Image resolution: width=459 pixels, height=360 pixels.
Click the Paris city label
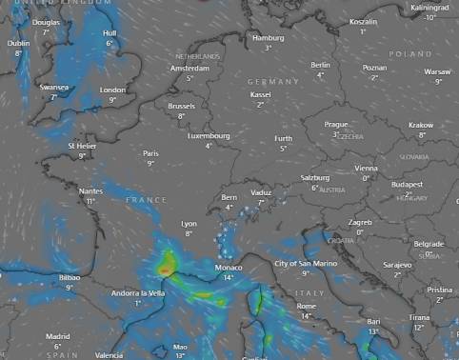point(150,153)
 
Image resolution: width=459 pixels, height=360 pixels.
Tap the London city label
point(112,90)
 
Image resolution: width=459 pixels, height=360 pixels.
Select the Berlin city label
point(320,65)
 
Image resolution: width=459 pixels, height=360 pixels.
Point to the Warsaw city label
point(437,71)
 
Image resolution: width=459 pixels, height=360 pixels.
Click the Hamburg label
point(268,37)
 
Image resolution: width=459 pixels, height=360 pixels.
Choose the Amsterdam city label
point(190,69)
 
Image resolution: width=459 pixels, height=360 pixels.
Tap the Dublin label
point(18,43)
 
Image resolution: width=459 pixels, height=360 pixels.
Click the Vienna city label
point(366,168)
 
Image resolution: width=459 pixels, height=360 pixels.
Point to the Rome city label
point(306,306)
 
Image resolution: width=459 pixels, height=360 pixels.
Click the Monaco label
point(229,268)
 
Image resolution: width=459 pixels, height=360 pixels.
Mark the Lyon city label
point(189,224)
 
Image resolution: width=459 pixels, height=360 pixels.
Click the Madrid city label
point(58,336)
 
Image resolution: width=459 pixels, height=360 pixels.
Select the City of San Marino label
point(305,263)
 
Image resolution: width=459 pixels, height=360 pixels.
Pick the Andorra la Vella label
point(138,292)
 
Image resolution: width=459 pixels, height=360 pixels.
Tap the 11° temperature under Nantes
point(90,201)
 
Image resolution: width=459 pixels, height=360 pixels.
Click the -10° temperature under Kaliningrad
point(430,17)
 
